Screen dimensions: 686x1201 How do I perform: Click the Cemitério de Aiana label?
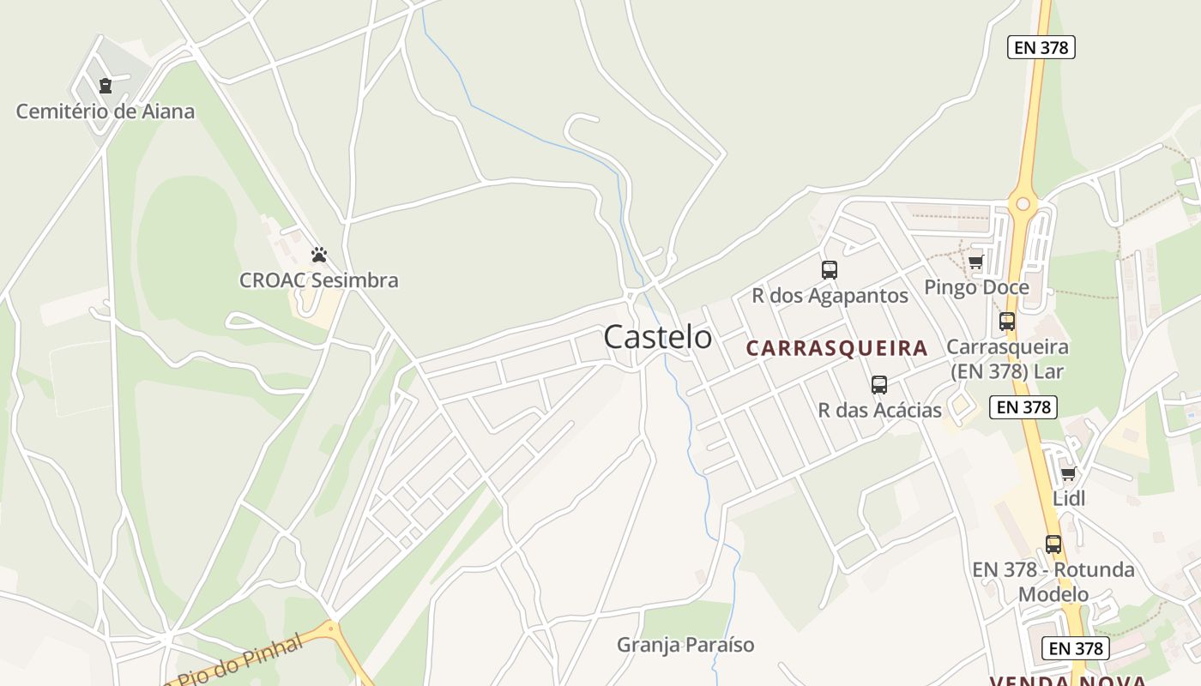click(106, 111)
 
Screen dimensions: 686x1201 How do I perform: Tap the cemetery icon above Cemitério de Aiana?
click(106, 86)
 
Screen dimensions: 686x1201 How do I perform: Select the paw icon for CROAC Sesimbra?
click(319, 255)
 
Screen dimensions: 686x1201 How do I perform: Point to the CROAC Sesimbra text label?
click(319, 280)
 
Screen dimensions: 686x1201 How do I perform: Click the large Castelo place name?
click(657, 337)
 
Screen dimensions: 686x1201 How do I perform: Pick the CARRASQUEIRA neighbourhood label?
click(836, 348)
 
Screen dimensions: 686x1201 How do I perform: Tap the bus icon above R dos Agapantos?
click(830, 270)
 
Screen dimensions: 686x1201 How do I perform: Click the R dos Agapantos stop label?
click(830, 296)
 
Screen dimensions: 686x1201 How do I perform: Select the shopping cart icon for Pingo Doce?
click(975, 262)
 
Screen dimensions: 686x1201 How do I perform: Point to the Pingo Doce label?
click(976, 287)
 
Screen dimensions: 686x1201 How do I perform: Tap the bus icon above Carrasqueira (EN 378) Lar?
click(1007, 322)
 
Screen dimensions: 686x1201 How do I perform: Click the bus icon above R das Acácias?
click(879, 385)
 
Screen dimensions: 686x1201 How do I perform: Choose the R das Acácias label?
click(880, 410)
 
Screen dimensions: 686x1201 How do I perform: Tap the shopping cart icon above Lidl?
click(1068, 473)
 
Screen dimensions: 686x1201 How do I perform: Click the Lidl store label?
click(1069, 498)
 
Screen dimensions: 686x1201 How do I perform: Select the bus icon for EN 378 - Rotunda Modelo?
click(1053, 545)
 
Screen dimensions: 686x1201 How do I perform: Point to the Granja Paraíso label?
click(685, 645)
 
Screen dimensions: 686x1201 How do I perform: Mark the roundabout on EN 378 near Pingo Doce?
click(1022, 204)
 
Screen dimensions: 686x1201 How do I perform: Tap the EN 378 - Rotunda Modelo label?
click(1053, 581)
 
